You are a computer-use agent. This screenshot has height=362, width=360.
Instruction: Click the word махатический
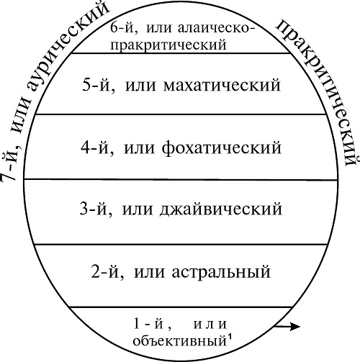click(222, 85)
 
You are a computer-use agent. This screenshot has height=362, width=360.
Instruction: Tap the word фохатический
click(221, 148)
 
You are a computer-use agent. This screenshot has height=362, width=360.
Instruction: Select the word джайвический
click(220, 209)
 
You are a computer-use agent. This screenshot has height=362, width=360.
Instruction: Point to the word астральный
click(221, 272)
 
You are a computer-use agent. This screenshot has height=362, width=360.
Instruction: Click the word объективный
click(180, 341)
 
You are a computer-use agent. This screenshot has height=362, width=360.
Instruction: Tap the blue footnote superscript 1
click(230, 337)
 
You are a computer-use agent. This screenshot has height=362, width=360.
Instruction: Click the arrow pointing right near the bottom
click(287, 326)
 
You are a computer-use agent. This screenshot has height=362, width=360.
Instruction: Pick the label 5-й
click(98, 86)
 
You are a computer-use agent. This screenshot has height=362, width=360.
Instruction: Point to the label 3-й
click(96, 209)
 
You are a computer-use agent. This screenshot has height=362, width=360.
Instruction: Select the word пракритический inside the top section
click(168, 45)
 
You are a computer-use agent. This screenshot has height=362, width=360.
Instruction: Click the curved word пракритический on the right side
click(322, 91)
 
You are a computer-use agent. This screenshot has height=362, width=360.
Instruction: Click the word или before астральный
click(149, 273)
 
